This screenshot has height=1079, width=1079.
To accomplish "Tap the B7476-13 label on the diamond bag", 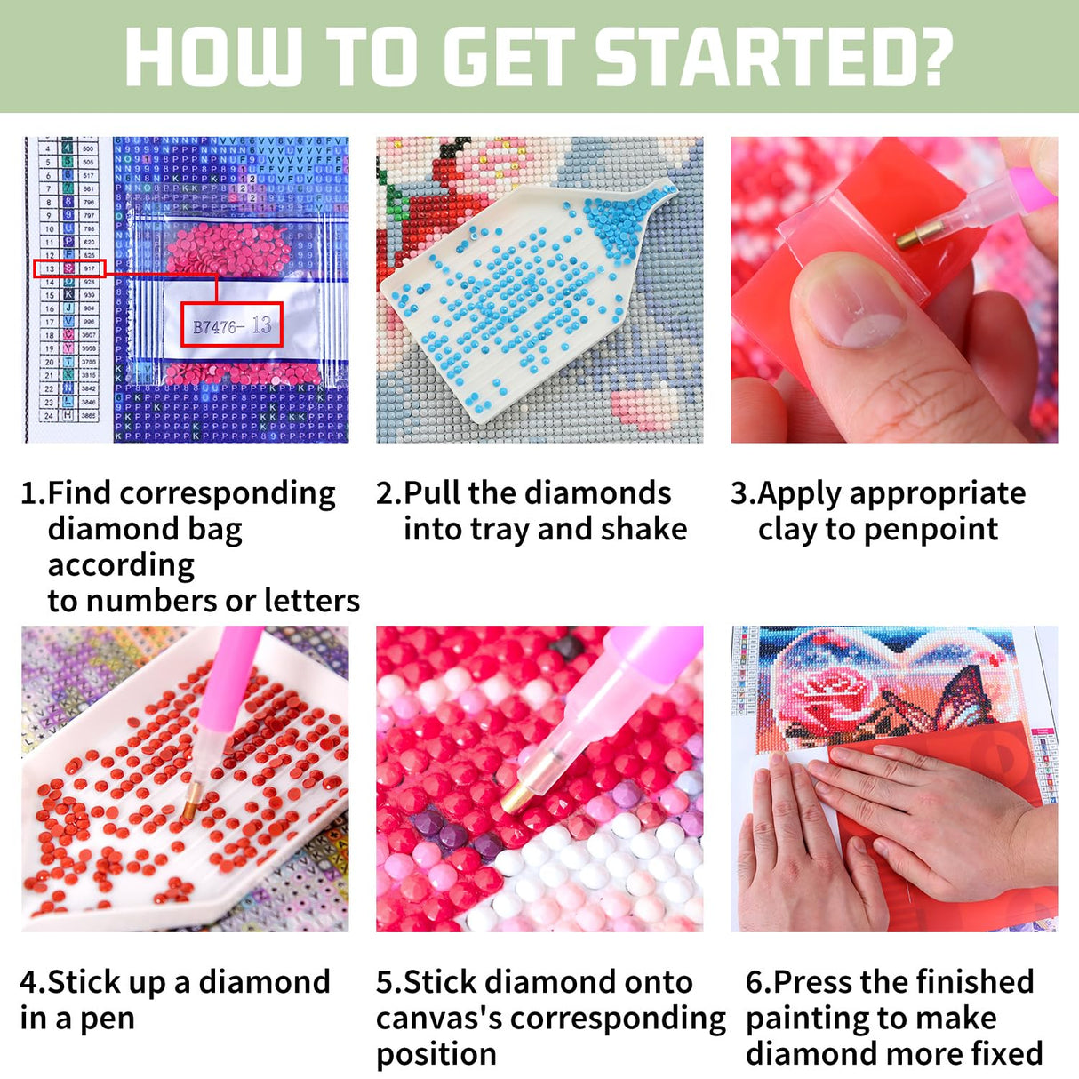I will pos(231,326).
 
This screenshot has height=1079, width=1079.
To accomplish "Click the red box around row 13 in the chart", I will pos(69,268).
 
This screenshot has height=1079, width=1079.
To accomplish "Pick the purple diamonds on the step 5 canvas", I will pos(453,831).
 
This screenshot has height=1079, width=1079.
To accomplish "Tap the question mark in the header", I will pos(932,58).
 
